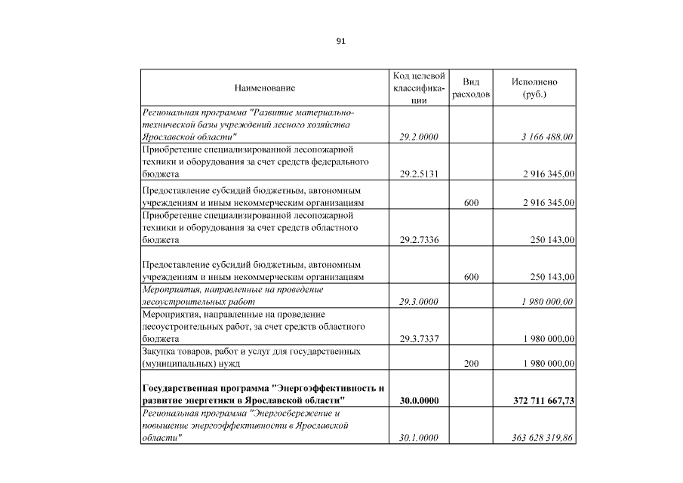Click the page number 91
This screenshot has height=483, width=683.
[340, 42]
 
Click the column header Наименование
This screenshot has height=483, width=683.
[265, 89]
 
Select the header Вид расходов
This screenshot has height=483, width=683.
[471, 89]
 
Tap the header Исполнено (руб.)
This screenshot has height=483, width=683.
[534, 89]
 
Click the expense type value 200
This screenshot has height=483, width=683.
[471, 364]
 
